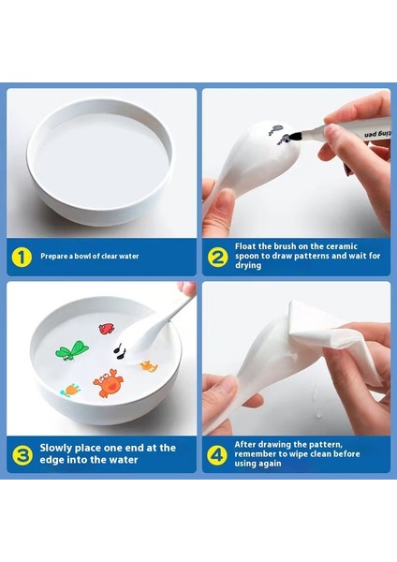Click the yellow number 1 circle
[x=22, y=257]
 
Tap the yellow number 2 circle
[x=217, y=257]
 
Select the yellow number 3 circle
[x=22, y=455]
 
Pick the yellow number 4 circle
[x=217, y=455]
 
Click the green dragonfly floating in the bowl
[x=72, y=350]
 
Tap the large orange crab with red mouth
[x=109, y=383]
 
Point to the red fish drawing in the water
[x=107, y=329]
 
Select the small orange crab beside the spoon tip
[x=149, y=366]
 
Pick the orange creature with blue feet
[x=70, y=390]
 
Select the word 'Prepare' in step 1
[x=53, y=257]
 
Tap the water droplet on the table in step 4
[x=318, y=415]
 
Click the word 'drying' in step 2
[x=248, y=266]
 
